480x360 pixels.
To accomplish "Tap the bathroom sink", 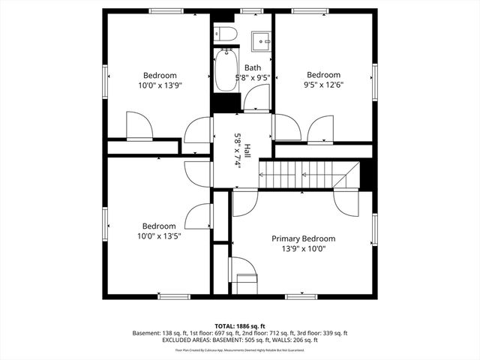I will point(260,39).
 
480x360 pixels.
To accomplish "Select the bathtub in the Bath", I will point(224,72).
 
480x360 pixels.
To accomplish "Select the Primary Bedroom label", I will point(303,238).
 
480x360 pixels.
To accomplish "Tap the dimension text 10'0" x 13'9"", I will point(160,85).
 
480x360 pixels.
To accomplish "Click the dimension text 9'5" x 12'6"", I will point(323,85).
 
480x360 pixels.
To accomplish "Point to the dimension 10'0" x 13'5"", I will point(159,235).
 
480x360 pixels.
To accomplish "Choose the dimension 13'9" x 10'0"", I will point(303,248).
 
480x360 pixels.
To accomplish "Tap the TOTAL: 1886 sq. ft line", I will point(239,326).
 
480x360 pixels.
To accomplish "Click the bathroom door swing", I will point(257,98).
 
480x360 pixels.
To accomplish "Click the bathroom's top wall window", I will point(252,10).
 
